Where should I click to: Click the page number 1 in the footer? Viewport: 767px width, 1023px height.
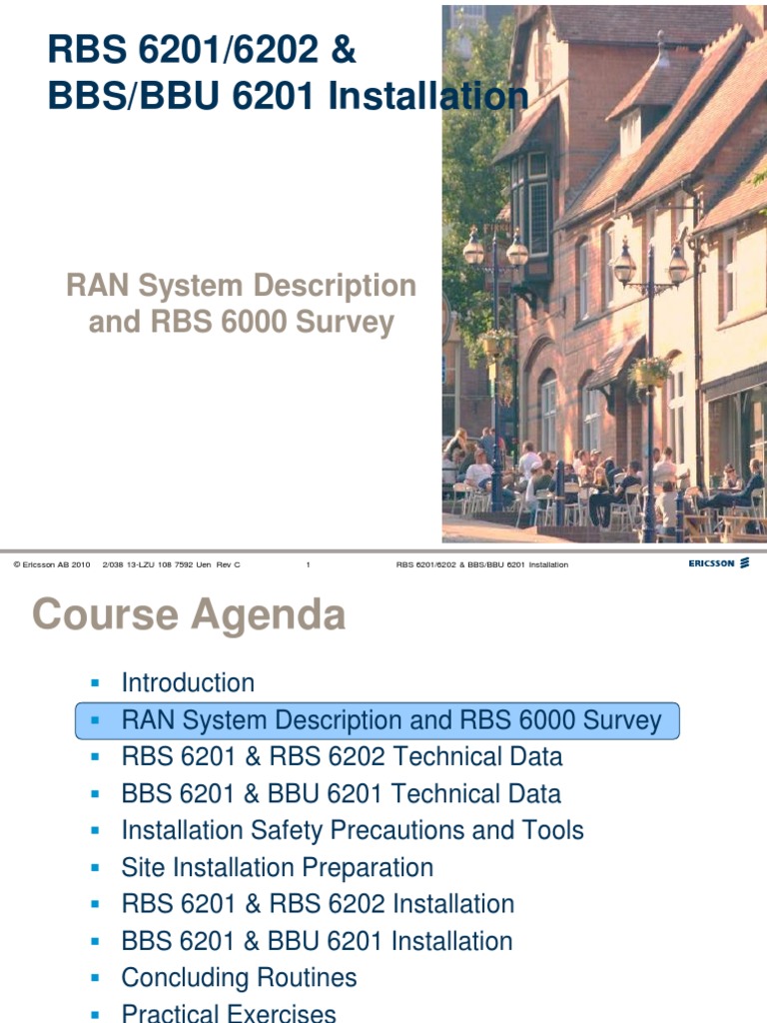pyautogui.click(x=308, y=564)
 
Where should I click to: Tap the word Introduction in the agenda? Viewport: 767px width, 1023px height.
pyautogui.click(x=188, y=683)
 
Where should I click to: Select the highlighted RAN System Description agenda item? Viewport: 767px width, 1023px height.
pyautogui.click(x=390, y=720)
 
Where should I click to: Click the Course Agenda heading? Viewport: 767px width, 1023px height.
pyautogui.click(x=190, y=614)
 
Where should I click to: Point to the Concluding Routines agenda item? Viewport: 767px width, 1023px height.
pyautogui.click(x=239, y=977)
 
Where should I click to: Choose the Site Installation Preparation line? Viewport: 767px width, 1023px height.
pyautogui.click(x=277, y=867)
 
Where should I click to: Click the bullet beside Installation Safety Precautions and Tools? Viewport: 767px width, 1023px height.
pyautogui.click(x=96, y=830)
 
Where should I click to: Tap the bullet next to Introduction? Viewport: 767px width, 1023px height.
pyautogui.click(x=96, y=683)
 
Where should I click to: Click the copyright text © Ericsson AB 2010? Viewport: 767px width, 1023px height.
pyautogui.click(x=51, y=564)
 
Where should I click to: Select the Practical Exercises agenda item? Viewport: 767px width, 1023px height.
pyautogui.click(x=229, y=1013)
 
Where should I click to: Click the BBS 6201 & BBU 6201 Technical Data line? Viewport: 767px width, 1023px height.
pyautogui.click(x=341, y=794)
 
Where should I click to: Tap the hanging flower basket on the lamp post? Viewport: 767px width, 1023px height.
pyautogui.click(x=650, y=372)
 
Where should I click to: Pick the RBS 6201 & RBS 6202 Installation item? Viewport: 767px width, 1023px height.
pyautogui.click(x=318, y=904)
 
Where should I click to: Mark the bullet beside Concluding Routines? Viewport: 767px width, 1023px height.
pyautogui.click(x=96, y=977)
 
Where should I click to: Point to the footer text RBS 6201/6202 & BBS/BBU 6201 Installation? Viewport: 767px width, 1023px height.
pyautogui.click(x=482, y=564)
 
